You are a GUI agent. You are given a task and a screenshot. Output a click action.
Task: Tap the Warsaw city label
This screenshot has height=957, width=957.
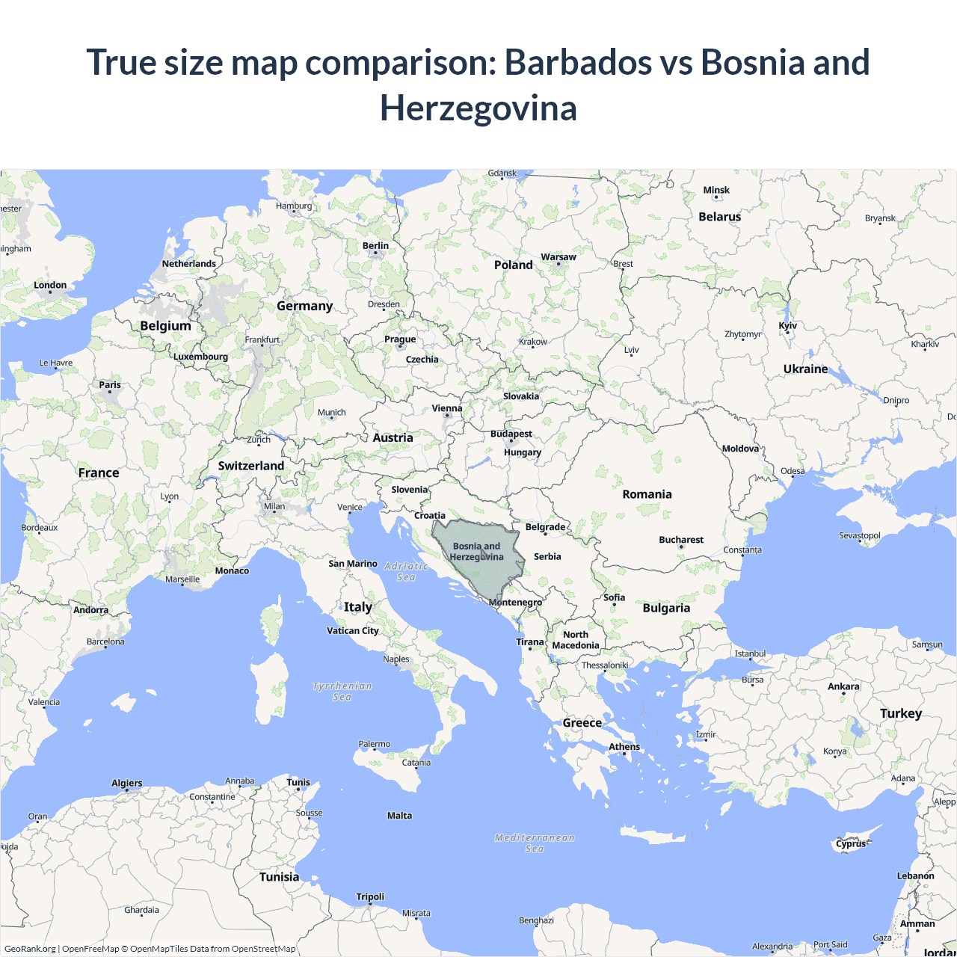coord(558,257)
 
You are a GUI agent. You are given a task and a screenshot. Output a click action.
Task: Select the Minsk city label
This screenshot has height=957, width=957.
coord(716,191)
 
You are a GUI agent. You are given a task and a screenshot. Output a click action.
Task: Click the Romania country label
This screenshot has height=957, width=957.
coord(647,494)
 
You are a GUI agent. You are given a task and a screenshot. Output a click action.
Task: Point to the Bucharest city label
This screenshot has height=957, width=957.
coord(681,540)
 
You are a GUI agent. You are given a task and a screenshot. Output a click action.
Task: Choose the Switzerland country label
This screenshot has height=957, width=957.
coord(251,466)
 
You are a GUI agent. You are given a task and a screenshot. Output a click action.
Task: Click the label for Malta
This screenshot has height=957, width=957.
coord(399,816)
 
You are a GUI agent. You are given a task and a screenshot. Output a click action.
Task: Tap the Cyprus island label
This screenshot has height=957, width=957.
coord(851,843)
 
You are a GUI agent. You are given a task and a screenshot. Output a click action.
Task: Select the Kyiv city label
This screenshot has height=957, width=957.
coord(788,325)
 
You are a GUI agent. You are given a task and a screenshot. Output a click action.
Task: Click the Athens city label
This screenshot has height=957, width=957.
coord(624,747)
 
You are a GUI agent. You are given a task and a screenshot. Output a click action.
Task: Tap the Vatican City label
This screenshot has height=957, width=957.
coord(353,631)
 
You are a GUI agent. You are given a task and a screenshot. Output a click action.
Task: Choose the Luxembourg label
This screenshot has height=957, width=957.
coord(200,357)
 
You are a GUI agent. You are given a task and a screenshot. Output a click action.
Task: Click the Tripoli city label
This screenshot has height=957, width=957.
coord(370,897)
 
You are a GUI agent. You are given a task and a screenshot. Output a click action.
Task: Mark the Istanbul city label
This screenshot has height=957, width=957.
coord(750,653)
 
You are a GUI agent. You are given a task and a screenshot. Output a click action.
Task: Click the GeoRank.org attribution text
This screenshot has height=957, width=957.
coord(30,949)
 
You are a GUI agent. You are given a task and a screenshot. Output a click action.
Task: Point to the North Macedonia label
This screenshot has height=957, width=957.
coord(576,640)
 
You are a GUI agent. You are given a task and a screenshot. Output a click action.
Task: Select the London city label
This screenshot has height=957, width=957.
coord(50,286)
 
